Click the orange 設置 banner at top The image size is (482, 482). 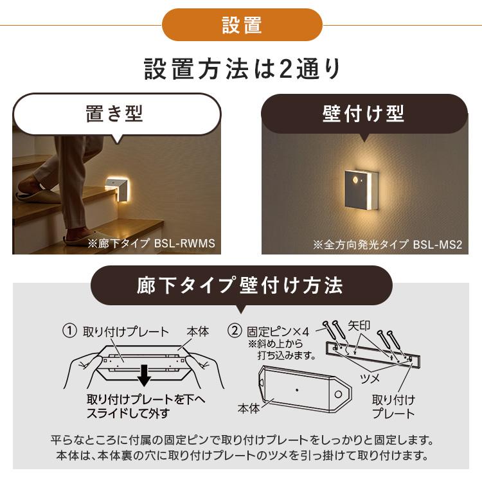pos(242,25)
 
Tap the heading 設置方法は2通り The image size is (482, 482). pos(241,69)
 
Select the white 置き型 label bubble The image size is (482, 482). pos(116,114)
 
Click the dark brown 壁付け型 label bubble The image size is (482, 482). pos(363,114)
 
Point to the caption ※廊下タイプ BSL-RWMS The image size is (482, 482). pos(151,244)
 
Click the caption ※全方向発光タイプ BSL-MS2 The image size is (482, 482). pos(387,244)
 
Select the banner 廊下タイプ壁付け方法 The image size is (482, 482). pos(240,286)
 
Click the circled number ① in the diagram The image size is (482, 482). pos(69,332)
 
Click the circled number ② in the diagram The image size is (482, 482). pos(235,332)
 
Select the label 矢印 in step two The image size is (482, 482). pos(359,326)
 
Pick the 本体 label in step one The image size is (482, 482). pos(197,332)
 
